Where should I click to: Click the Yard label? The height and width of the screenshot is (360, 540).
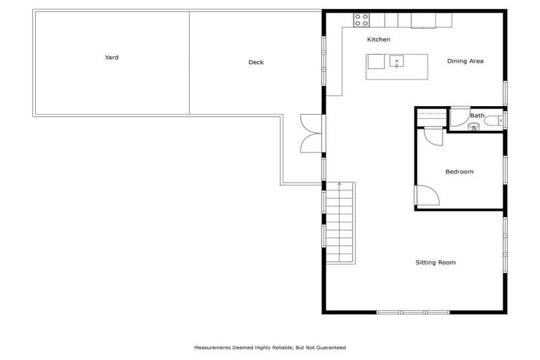pyautogui.click(x=111, y=58)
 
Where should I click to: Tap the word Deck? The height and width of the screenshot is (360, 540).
pyautogui.click(x=256, y=63)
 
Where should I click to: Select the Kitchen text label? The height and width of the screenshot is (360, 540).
pyautogui.click(x=378, y=39)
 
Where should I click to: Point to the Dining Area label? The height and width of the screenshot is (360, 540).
pyautogui.click(x=465, y=61)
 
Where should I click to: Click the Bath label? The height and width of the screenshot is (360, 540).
pyautogui.click(x=477, y=115)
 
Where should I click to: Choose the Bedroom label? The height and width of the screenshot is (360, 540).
pyautogui.click(x=459, y=172)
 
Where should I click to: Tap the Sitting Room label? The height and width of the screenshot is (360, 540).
pyautogui.click(x=435, y=262)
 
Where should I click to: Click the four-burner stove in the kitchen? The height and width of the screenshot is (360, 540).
pyautogui.click(x=361, y=20)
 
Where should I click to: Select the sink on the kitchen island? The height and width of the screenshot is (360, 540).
pyautogui.click(x=397, y=62)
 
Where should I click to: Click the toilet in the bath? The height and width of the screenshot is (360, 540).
pyautogui.click(x=494, y=120)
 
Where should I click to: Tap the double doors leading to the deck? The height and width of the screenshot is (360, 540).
pyautogui.click(x=311, y=133)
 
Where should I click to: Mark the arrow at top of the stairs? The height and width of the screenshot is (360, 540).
pyautogui.click(x=340, y=185)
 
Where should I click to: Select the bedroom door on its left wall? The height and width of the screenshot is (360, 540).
pyautogui.click(x=427, y=195)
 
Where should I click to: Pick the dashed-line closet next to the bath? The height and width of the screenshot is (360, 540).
pyautogui.click(x=430, y=117)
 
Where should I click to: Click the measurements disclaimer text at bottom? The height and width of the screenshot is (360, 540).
pyautogui.click(x=270, y=347)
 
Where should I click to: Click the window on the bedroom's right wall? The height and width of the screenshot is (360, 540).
pyautogui.click(x=504, y=169)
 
